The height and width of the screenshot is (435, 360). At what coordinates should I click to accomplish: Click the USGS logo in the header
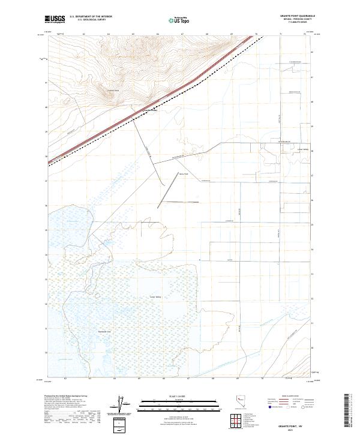tap(55, 19)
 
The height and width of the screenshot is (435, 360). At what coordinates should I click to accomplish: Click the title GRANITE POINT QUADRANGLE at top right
tap(298, 16)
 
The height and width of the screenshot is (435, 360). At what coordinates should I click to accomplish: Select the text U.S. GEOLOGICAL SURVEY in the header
tap(91, 20)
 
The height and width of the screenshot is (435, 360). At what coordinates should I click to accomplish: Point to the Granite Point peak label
tap(113, 91)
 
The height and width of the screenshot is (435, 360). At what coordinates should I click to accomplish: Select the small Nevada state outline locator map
tap(241, 405)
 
